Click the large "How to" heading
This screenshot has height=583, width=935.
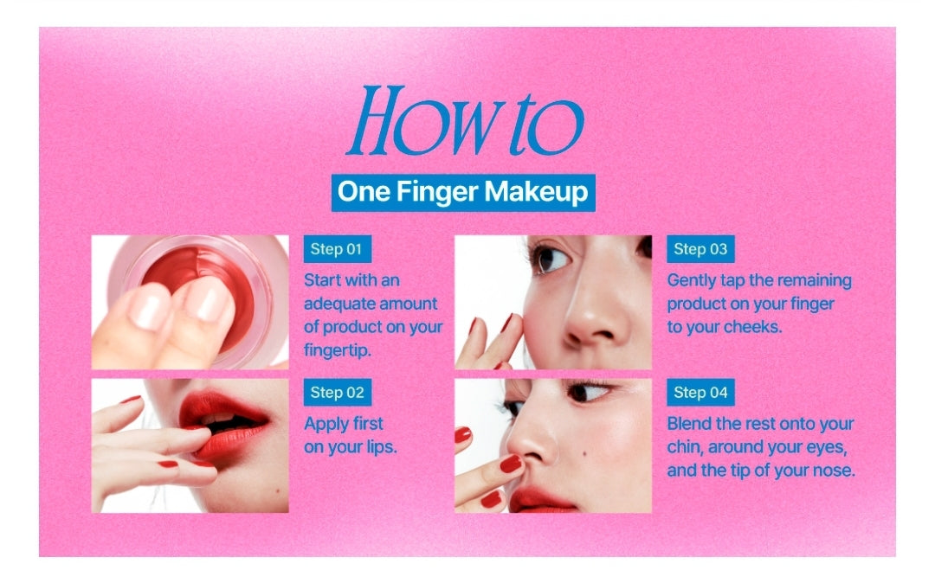click(x=465, y=121)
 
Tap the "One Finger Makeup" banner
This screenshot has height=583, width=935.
click(x=463, y=192)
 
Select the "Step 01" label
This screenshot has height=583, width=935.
click(x=337, y=249)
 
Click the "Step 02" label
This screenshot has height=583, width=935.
click(x=338, y=393)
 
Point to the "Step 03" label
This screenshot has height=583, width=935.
click(x=700, y=249)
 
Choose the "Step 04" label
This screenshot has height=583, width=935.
click(x=700, y=393)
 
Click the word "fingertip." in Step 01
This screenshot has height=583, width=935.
click(x=338, y=350)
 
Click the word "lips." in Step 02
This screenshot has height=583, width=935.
click(x=382, y=447)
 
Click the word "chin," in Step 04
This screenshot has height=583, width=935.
click(x=685, y=447)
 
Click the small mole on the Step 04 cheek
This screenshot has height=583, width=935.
click(x=582, y=456)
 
